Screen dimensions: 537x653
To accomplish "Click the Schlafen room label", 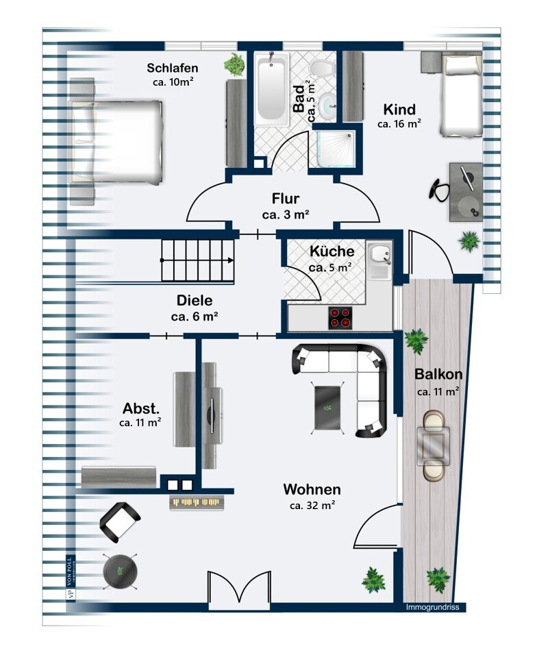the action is coord(173,68).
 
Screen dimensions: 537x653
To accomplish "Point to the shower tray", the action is coord(336,149).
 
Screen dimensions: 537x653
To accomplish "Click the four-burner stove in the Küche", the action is coord(340,318).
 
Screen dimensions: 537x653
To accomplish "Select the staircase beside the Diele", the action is coord(198,260).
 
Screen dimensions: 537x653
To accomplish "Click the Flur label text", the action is coord(286,198).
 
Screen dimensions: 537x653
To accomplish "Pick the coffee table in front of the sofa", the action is coord(328,408).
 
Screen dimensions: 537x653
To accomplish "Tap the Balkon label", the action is coord(438,374).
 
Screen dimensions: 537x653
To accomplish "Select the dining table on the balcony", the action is coord(434,445).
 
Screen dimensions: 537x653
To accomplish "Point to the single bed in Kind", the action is coord(462,95).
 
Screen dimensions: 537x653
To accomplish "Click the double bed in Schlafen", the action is coord(116,142).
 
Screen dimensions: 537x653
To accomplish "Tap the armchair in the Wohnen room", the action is coord(119,522).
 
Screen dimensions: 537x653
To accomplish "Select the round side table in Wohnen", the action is coord(120,571).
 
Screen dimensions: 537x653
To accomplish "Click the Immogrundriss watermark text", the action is coord(432,607).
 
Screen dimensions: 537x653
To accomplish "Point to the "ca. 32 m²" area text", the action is coord(312,506).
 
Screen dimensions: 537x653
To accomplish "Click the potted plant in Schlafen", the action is coord(234,64).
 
